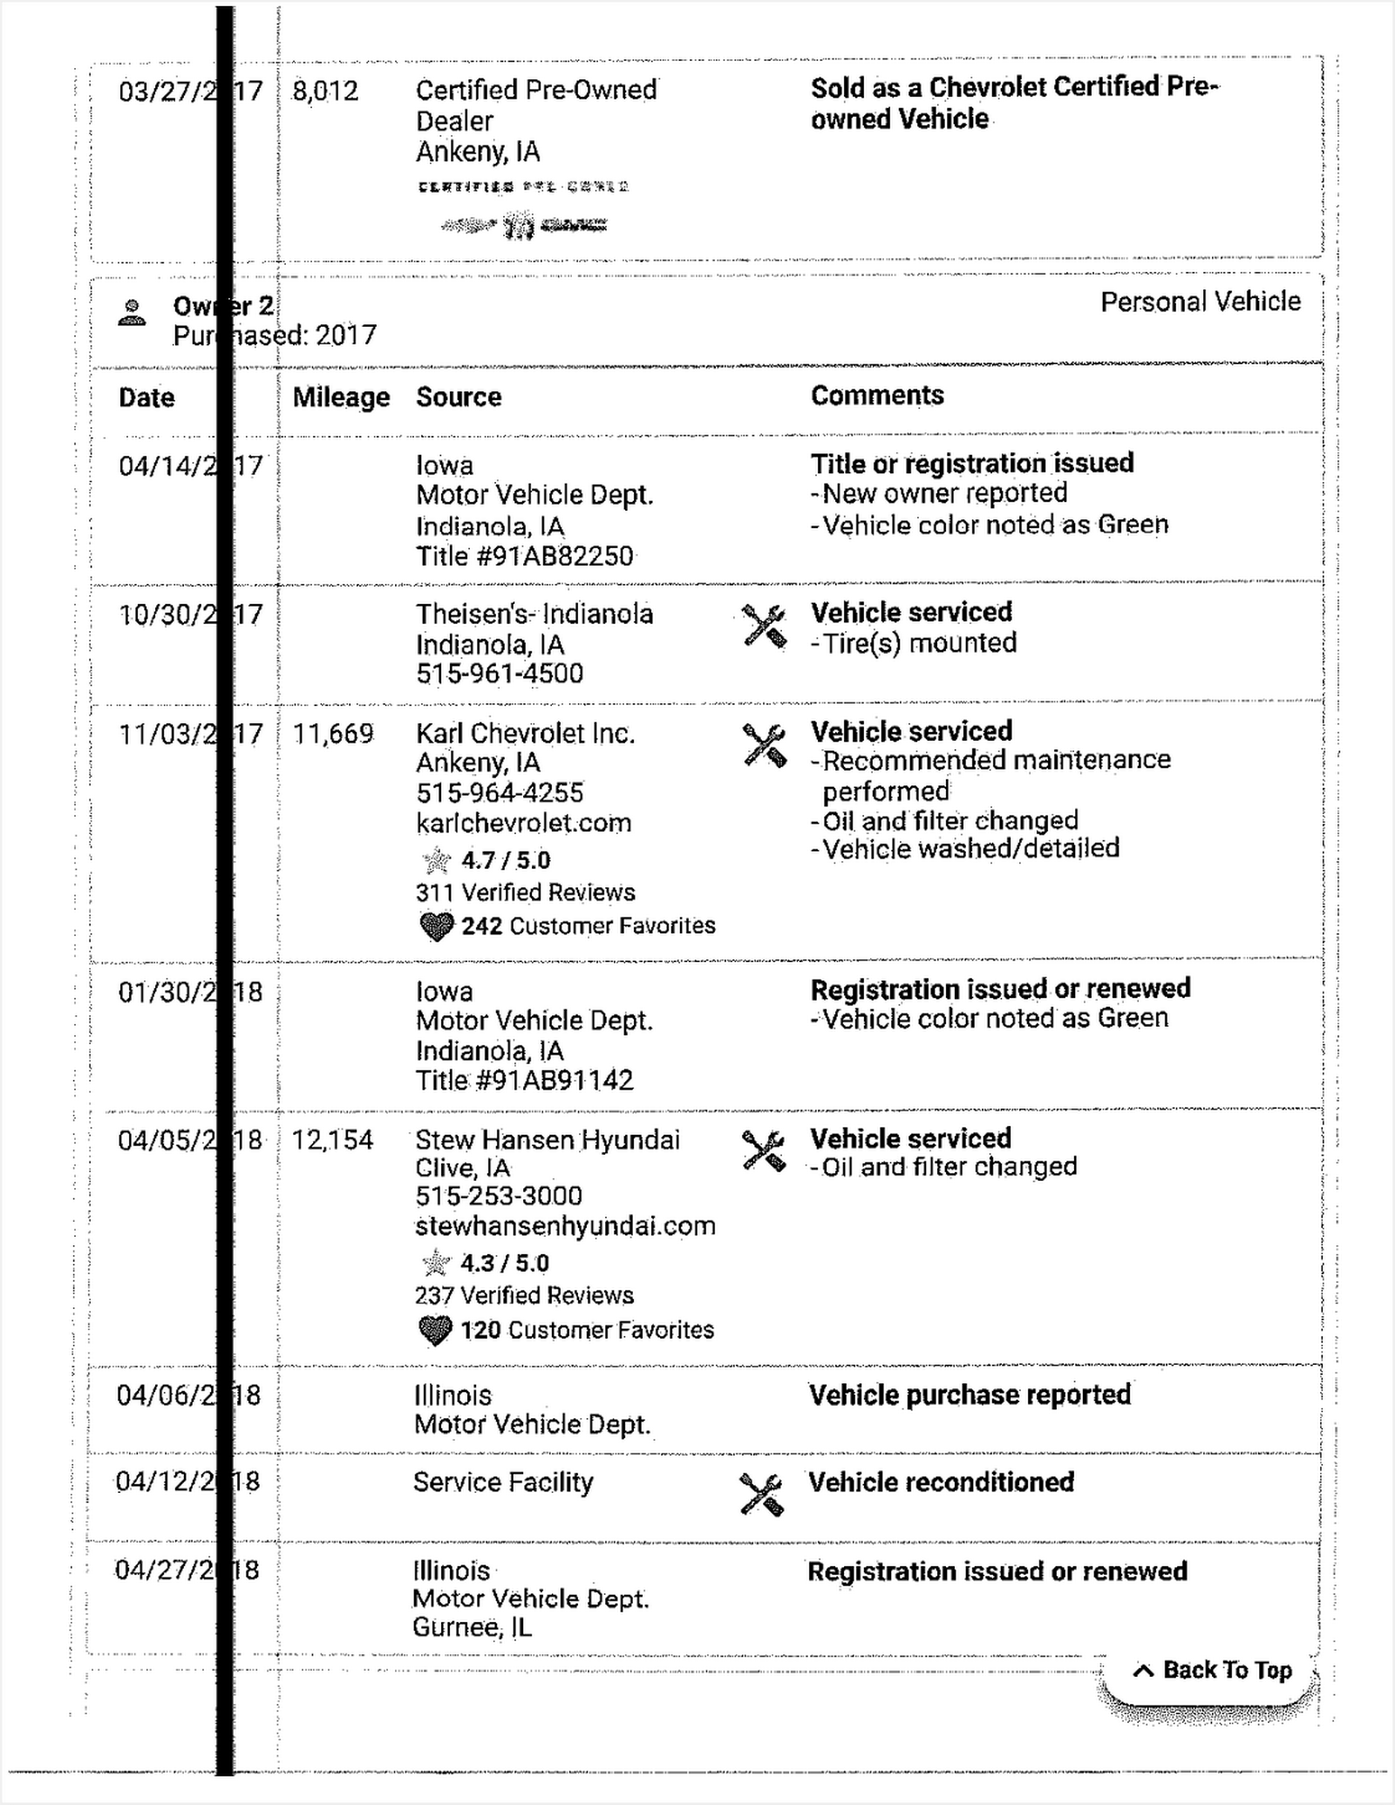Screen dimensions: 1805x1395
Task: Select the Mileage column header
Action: [x=341, y=397]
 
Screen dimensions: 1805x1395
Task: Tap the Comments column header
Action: [x=877, y=396]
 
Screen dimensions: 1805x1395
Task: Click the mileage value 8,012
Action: [x=325, y=91]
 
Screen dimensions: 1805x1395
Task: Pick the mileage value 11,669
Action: [x=333, y=734]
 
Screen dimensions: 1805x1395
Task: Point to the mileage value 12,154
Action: [x=332, y=1140]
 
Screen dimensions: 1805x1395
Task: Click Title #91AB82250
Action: [x=524, y=556]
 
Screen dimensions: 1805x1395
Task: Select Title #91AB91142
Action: [x=524, y=1081]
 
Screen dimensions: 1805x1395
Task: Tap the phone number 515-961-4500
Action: [x=500, y=674]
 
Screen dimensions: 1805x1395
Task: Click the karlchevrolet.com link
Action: [x=523, y=823]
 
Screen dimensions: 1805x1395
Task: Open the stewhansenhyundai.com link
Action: [x=565, y=1226]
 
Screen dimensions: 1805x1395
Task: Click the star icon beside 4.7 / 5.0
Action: [x=436, y=861]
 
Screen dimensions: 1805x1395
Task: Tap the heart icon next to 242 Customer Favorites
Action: [x=436, y=926]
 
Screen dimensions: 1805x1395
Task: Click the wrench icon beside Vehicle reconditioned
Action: [x=761, y=1495]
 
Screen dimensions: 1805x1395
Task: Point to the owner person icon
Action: [x=133, y=313]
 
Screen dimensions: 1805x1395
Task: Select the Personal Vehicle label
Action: [x=1200, y=302]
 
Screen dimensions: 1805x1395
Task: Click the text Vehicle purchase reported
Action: [x=970, y=1395]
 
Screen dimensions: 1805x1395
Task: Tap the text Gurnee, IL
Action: [x=472, y=1628]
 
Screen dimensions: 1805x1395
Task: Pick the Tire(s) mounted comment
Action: [x=919, y=643]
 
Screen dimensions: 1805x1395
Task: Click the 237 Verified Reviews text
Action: [x=524, y=1296]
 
